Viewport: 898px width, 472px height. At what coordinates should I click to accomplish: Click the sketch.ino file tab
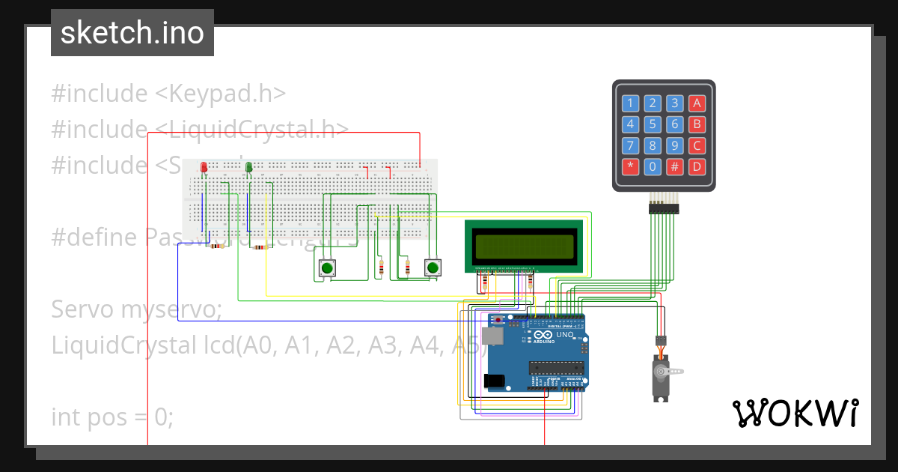(x=132, y=33)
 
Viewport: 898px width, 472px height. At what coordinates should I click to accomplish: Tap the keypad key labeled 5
(x=653, y=124)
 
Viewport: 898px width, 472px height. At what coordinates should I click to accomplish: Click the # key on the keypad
(x=675, y=166)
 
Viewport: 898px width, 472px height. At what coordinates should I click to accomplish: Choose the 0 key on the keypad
(x=653, y=166)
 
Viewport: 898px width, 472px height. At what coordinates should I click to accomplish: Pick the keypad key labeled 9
(x=675, y=145)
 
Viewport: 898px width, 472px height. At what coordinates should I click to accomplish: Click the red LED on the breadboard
(x=204, y=166)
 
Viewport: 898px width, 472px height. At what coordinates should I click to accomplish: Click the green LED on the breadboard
(x=249, y=166)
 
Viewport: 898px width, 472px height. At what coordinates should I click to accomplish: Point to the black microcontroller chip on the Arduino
(x=557, y=367)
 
